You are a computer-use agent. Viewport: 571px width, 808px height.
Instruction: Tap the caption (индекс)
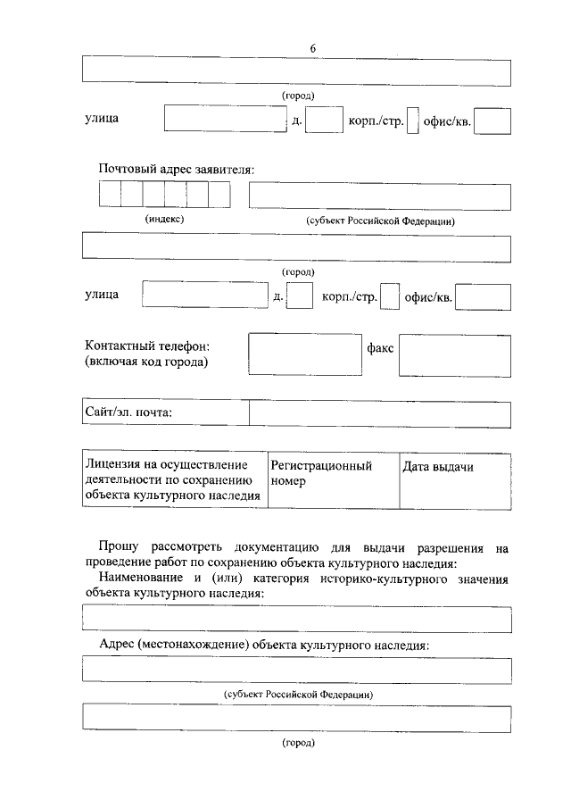coord(164,219)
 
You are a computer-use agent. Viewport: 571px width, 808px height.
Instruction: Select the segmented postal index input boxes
coord(164,194)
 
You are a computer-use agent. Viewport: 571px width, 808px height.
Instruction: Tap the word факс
coord(380,346)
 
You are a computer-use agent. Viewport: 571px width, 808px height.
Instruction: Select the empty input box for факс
coord(454,356)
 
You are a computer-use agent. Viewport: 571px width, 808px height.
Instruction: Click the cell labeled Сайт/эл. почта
coord(166,412)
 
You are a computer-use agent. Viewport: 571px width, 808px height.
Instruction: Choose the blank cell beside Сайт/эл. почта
coord(379,412)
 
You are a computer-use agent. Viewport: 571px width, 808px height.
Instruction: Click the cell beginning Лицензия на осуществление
coord(174,480)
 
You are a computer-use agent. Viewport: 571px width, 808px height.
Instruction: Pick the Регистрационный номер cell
coord(332,480)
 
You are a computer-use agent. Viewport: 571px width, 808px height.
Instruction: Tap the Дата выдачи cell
coord(454,480)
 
